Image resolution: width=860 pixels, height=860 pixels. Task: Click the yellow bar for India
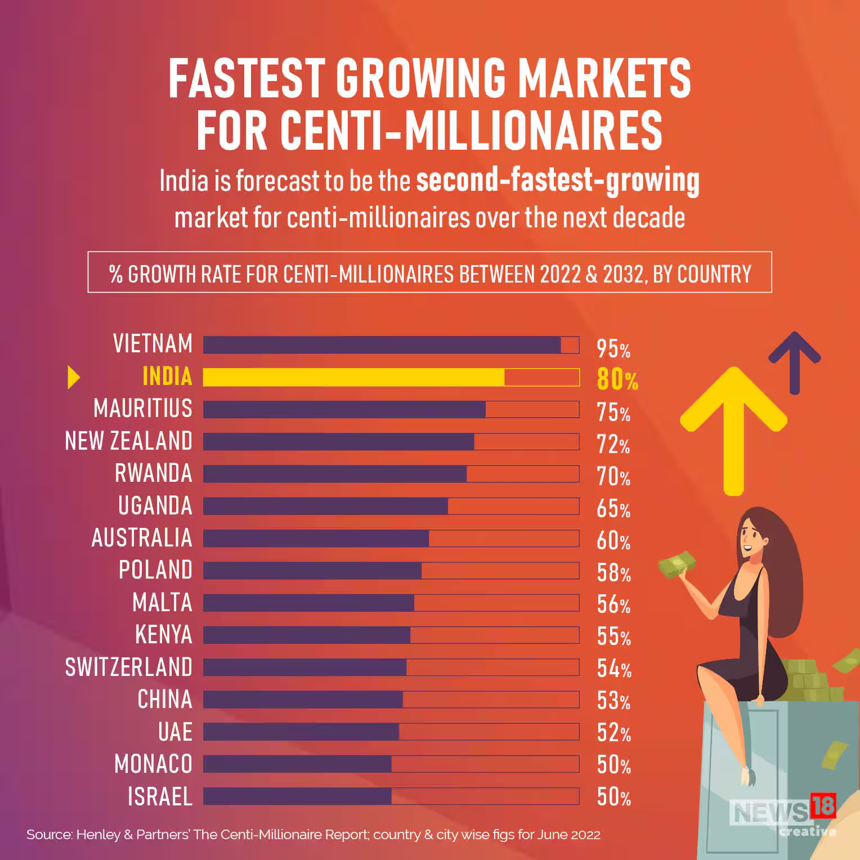click(x=353, y=377)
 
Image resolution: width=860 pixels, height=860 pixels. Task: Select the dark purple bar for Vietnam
click(x=382, y=345)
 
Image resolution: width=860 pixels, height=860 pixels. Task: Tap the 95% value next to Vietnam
click(x=613, y=349)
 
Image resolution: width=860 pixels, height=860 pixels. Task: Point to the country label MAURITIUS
click(x=143, y=409)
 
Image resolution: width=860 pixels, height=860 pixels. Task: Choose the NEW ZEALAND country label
click(x=129, y=441)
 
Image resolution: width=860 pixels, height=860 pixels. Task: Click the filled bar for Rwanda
click(x=335, y=474)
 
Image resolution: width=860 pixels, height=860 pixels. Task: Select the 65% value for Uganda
click(x=613, y=509)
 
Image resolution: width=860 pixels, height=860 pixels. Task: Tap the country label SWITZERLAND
click(x=129, y=667)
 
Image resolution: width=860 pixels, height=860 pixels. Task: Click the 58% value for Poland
click(x=613, y=573)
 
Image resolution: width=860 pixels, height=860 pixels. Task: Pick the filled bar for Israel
click(x=297, y=796)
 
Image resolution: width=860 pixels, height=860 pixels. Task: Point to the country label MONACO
click(x=153, y=764)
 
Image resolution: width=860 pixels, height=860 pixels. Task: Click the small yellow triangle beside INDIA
click(x=73, y=377)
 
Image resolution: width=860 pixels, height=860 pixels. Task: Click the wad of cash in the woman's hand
click(x=677, y=564)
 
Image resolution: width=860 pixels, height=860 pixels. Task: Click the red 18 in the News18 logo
click(x=823, y=805)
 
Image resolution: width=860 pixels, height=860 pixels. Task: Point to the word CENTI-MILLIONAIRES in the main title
click(x=429, y=131)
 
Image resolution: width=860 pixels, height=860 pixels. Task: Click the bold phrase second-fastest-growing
click(x=557, y=181)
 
